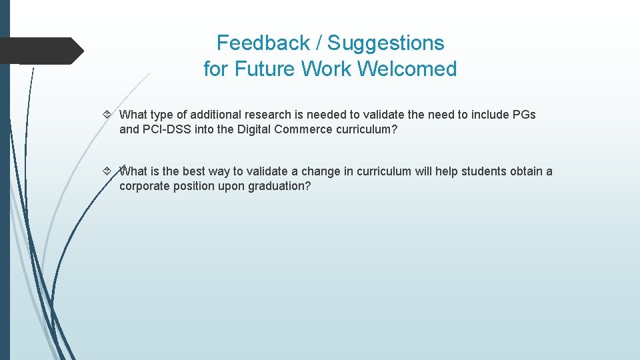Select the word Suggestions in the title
385,43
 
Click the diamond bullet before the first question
108,115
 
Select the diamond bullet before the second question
108,171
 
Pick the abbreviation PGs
524,115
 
